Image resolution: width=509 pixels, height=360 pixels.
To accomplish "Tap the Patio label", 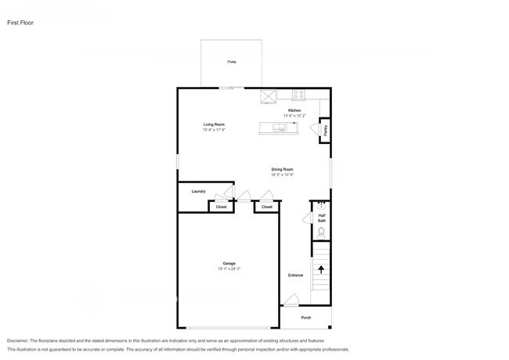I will click(x=232, y=61).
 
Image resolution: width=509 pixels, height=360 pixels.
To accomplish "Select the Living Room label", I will click(x=215, y=124).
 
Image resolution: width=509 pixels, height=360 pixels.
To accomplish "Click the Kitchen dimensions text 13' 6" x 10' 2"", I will click(x=294, y=116).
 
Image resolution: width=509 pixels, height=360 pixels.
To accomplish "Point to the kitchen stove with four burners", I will click(x=298, y=95).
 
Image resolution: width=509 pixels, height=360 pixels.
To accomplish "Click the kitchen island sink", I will click(x=279, y=127).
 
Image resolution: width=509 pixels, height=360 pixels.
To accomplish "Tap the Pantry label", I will click(x=326, y=131).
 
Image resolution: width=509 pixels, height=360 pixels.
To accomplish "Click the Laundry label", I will click(x=198, y=191).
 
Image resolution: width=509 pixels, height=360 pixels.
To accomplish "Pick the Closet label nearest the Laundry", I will click(x=222, y=207).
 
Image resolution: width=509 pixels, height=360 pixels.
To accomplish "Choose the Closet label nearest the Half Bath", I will click(x=267, y=207).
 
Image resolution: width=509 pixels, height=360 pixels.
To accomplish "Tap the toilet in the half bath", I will click(x=321, y=232).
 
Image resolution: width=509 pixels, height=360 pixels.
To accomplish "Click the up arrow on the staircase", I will click(x=321, y=270).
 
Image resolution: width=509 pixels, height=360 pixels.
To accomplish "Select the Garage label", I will click(x=229, y=264).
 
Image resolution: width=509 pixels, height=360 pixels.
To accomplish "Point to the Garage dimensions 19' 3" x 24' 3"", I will click(x=229, y=269).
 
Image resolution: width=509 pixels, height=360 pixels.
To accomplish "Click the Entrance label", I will click(x=295, y=275).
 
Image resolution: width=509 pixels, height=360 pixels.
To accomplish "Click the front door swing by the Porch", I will click(x=291, y=300).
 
